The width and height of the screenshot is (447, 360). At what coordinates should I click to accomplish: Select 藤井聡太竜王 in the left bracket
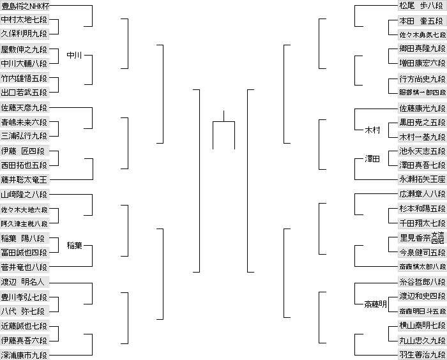pos(24,180)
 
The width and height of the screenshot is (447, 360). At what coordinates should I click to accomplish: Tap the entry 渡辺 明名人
pos(24,281)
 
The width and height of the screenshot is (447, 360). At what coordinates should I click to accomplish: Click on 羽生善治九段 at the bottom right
pos(421,355)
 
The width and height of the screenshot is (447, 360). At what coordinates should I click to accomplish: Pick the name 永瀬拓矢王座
pos(421,180)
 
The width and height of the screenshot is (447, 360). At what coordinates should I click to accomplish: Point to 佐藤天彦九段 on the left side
pos(24,108)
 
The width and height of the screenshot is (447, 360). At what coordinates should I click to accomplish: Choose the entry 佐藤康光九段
pos(421,108)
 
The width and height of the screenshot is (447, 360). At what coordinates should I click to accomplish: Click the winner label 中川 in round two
pos(75,56)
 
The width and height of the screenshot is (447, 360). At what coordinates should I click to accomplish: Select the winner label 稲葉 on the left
pos(75,245)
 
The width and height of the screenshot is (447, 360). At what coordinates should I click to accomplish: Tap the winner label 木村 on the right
pos(372,130)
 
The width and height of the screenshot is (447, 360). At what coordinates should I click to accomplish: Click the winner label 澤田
pos(372,158)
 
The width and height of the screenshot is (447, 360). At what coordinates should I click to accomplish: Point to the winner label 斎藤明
pos(375,304)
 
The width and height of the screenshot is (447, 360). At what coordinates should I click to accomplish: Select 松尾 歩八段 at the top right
pos(421,6)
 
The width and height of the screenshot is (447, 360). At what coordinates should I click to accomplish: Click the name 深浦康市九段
pos(24,355)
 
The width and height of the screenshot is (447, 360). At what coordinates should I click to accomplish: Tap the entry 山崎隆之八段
pos(24,195)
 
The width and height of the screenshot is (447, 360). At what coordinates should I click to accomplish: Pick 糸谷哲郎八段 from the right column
pos(421,281)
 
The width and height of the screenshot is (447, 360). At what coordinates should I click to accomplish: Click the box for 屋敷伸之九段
pos(24,49)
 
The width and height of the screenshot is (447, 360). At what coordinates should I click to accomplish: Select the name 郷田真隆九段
pos(421,49)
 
